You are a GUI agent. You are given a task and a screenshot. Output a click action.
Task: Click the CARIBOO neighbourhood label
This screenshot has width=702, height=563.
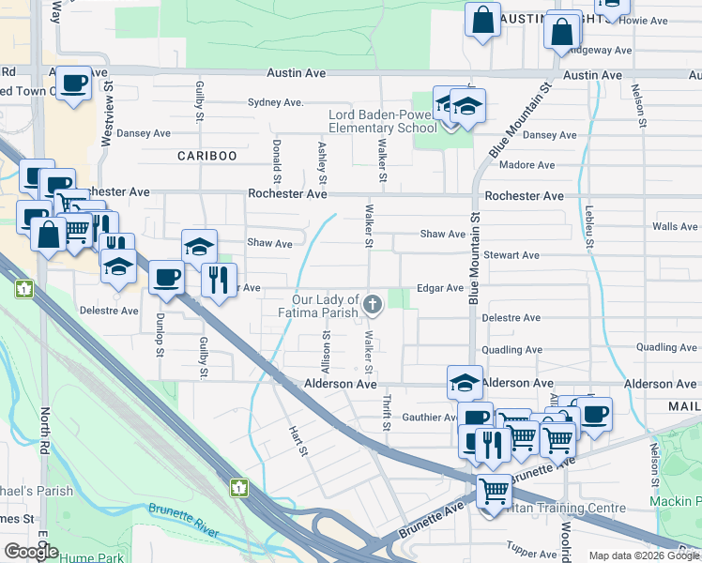[x=206, y=156]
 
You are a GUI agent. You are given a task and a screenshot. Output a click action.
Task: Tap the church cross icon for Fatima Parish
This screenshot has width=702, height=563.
[x=374, y=303]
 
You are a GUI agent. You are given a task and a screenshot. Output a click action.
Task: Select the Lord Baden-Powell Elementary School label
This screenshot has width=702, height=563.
[x=382, y=122]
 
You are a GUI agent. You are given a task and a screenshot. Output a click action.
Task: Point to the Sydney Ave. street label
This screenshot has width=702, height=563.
[x=275, y=102]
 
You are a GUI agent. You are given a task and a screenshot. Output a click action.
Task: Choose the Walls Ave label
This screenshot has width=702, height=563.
[x=675, y=226]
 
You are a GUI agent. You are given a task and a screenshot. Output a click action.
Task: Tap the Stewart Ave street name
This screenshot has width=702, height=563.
[x=511, y=255]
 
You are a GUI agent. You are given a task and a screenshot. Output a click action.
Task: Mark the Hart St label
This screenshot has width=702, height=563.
[x=299, y=436]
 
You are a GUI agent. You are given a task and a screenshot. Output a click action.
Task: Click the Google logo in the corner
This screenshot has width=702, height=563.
[x=32, y=552]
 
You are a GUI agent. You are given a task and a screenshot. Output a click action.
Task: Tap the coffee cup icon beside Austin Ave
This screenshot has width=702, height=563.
[x=73, y=83]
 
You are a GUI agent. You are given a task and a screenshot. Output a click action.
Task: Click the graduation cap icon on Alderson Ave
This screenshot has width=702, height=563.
[x=465, y=382]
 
